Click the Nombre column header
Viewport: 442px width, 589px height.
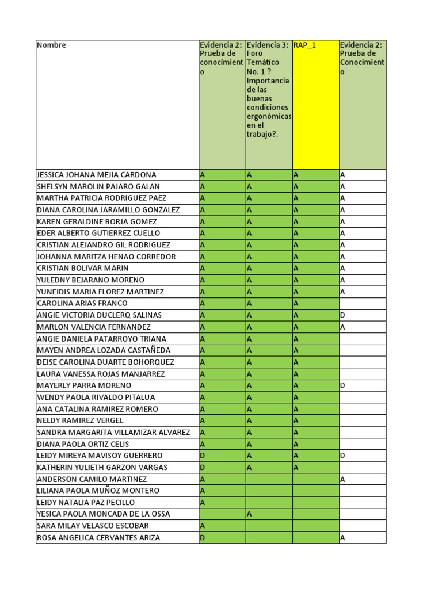(x=52, y=45)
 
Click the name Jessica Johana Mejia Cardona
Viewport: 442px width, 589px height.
(x=97, y=175)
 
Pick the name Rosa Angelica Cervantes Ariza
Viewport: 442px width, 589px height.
(x=98, y=538)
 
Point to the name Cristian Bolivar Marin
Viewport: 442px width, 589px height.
(x=83, y=269)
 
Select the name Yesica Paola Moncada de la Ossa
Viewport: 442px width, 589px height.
(x=104, y=514)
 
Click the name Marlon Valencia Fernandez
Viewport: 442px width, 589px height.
(x=94, y=327)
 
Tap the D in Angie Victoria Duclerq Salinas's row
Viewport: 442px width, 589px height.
(x=342, y=315)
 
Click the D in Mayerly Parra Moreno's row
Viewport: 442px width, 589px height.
(x=342, y=385)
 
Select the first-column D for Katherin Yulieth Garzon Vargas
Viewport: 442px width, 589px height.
(x=203, y=468)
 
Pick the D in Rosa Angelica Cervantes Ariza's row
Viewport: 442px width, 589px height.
(x=203, y=538)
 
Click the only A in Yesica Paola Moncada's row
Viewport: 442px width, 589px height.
(x=249, y=514)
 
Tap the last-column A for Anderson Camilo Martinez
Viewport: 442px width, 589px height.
(x=342, y=479)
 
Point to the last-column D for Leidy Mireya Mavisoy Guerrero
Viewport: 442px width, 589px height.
(x=342, y=456)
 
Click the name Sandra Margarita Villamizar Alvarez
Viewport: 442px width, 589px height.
(x=113, y=433)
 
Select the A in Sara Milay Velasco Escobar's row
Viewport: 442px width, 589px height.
(x=203, y=526)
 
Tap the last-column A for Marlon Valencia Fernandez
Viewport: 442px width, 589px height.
(x=342, y=327)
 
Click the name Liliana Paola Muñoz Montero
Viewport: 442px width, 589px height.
(x=98, y=491)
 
